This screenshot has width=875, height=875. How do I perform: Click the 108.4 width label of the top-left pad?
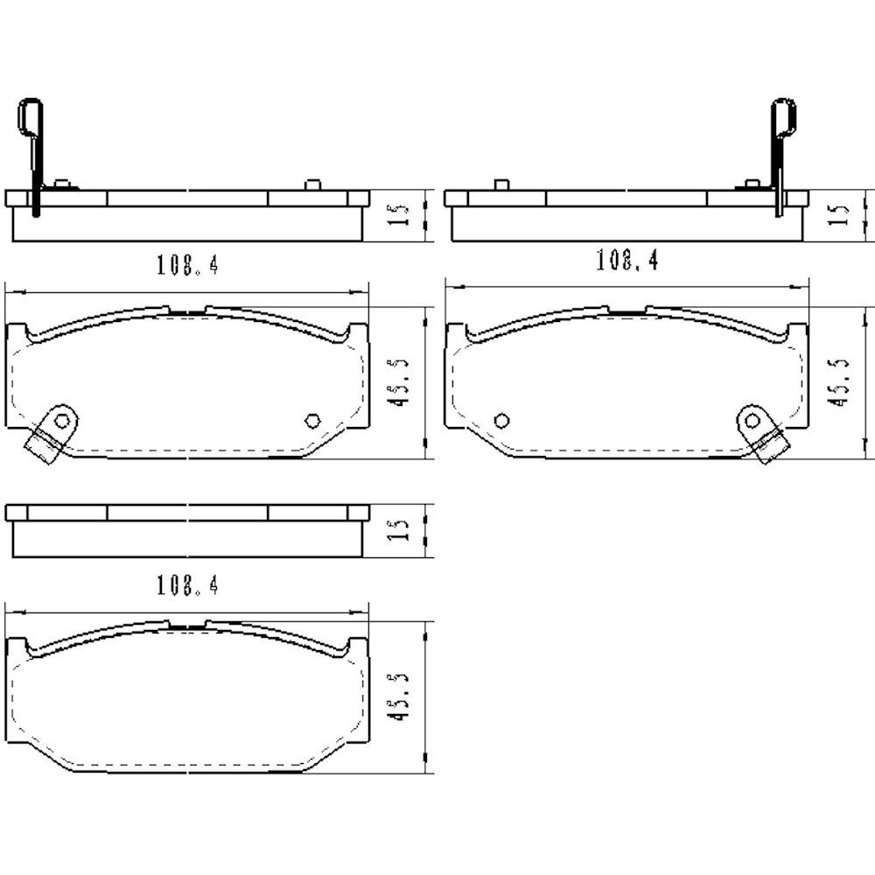(187, 264)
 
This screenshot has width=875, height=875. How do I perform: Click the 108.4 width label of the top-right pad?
(626, 260)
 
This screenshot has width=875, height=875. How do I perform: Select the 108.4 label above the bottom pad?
(187, 585)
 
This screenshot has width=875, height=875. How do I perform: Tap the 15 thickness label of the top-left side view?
(397, 215)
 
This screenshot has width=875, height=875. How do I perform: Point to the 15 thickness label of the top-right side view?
(837, 215)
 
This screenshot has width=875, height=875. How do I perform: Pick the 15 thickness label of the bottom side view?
(397, 530)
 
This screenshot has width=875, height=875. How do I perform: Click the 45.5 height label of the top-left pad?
(399, 383)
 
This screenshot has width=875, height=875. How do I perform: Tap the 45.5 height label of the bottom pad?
(399, 697)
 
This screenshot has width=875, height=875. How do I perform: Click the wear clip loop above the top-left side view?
(30, 117)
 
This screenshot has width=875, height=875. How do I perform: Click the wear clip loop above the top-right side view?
(783, 117)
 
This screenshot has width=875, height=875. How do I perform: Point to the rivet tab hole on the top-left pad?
(61, 421)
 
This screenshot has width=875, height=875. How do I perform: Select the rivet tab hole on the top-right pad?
(751, 421)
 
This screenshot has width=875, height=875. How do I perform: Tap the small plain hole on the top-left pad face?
(311, 421)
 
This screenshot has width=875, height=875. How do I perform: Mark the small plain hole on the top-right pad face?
(501, 421)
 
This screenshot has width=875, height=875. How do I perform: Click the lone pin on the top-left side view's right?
(312, 185)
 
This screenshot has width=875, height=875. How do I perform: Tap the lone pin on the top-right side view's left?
(501, 185)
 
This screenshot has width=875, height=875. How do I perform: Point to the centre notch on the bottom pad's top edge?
(186, 625)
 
